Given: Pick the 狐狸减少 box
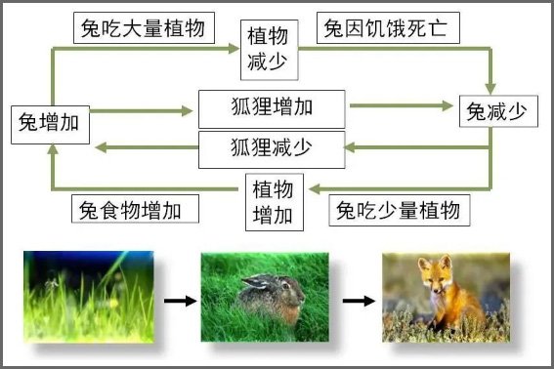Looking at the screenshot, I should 272,148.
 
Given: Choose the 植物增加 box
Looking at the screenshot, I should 275,201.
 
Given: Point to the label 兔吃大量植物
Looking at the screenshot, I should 144,28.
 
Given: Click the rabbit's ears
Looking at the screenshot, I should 256,284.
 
